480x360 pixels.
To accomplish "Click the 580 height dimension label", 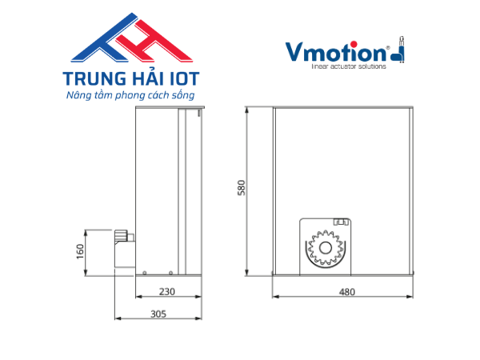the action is pyautogui.click(x=242, y=188).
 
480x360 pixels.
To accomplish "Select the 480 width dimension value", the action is pyautogui.click(x=347, y=292).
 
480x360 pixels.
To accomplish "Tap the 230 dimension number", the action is pyautogui.click(x=167, y=292).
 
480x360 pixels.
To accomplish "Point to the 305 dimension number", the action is pyautogui.click(x=158, y=314).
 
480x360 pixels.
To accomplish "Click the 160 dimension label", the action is pyautogui.click(x=80, y=252).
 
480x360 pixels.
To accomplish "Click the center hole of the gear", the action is pyautogui.click(x=326, y=248).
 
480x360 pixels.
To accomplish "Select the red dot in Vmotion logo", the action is pyautogui.click(x=354, y=44).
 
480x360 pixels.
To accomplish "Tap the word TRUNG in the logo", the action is pyautogui.click(x=94, y=78).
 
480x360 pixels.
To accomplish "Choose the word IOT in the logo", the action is pyautogui.click(x=184, y=78).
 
